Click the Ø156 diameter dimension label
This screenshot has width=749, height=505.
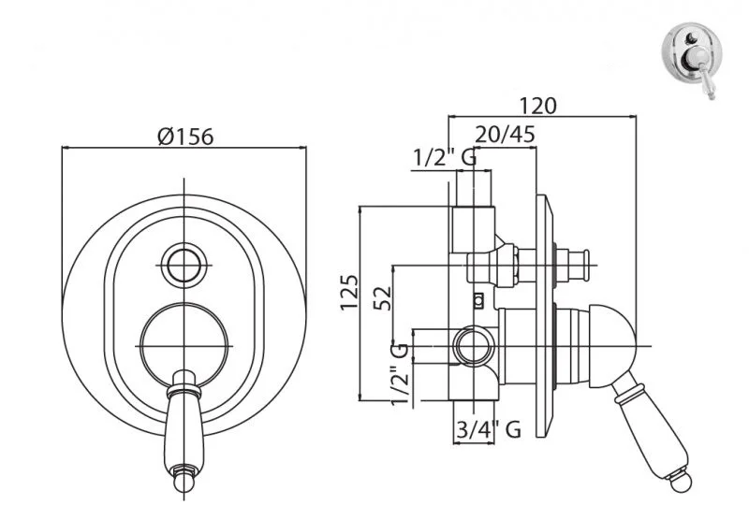click(x=185, y=137)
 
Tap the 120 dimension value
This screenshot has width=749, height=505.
click(x=537, y=106)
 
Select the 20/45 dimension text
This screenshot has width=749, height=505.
click(x=505, y=135)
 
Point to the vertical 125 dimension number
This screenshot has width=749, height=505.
click(x=348, y=292)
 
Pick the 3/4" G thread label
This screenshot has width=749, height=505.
click(x=489, y=429)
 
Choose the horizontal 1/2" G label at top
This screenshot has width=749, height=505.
click(x=444, y=157)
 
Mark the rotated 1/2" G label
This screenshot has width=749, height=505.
click(x=400, y=374)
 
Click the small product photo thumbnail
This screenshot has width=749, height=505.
click(x=693, y=60)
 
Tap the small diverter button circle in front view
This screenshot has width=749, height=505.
click(x=184, y=265)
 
